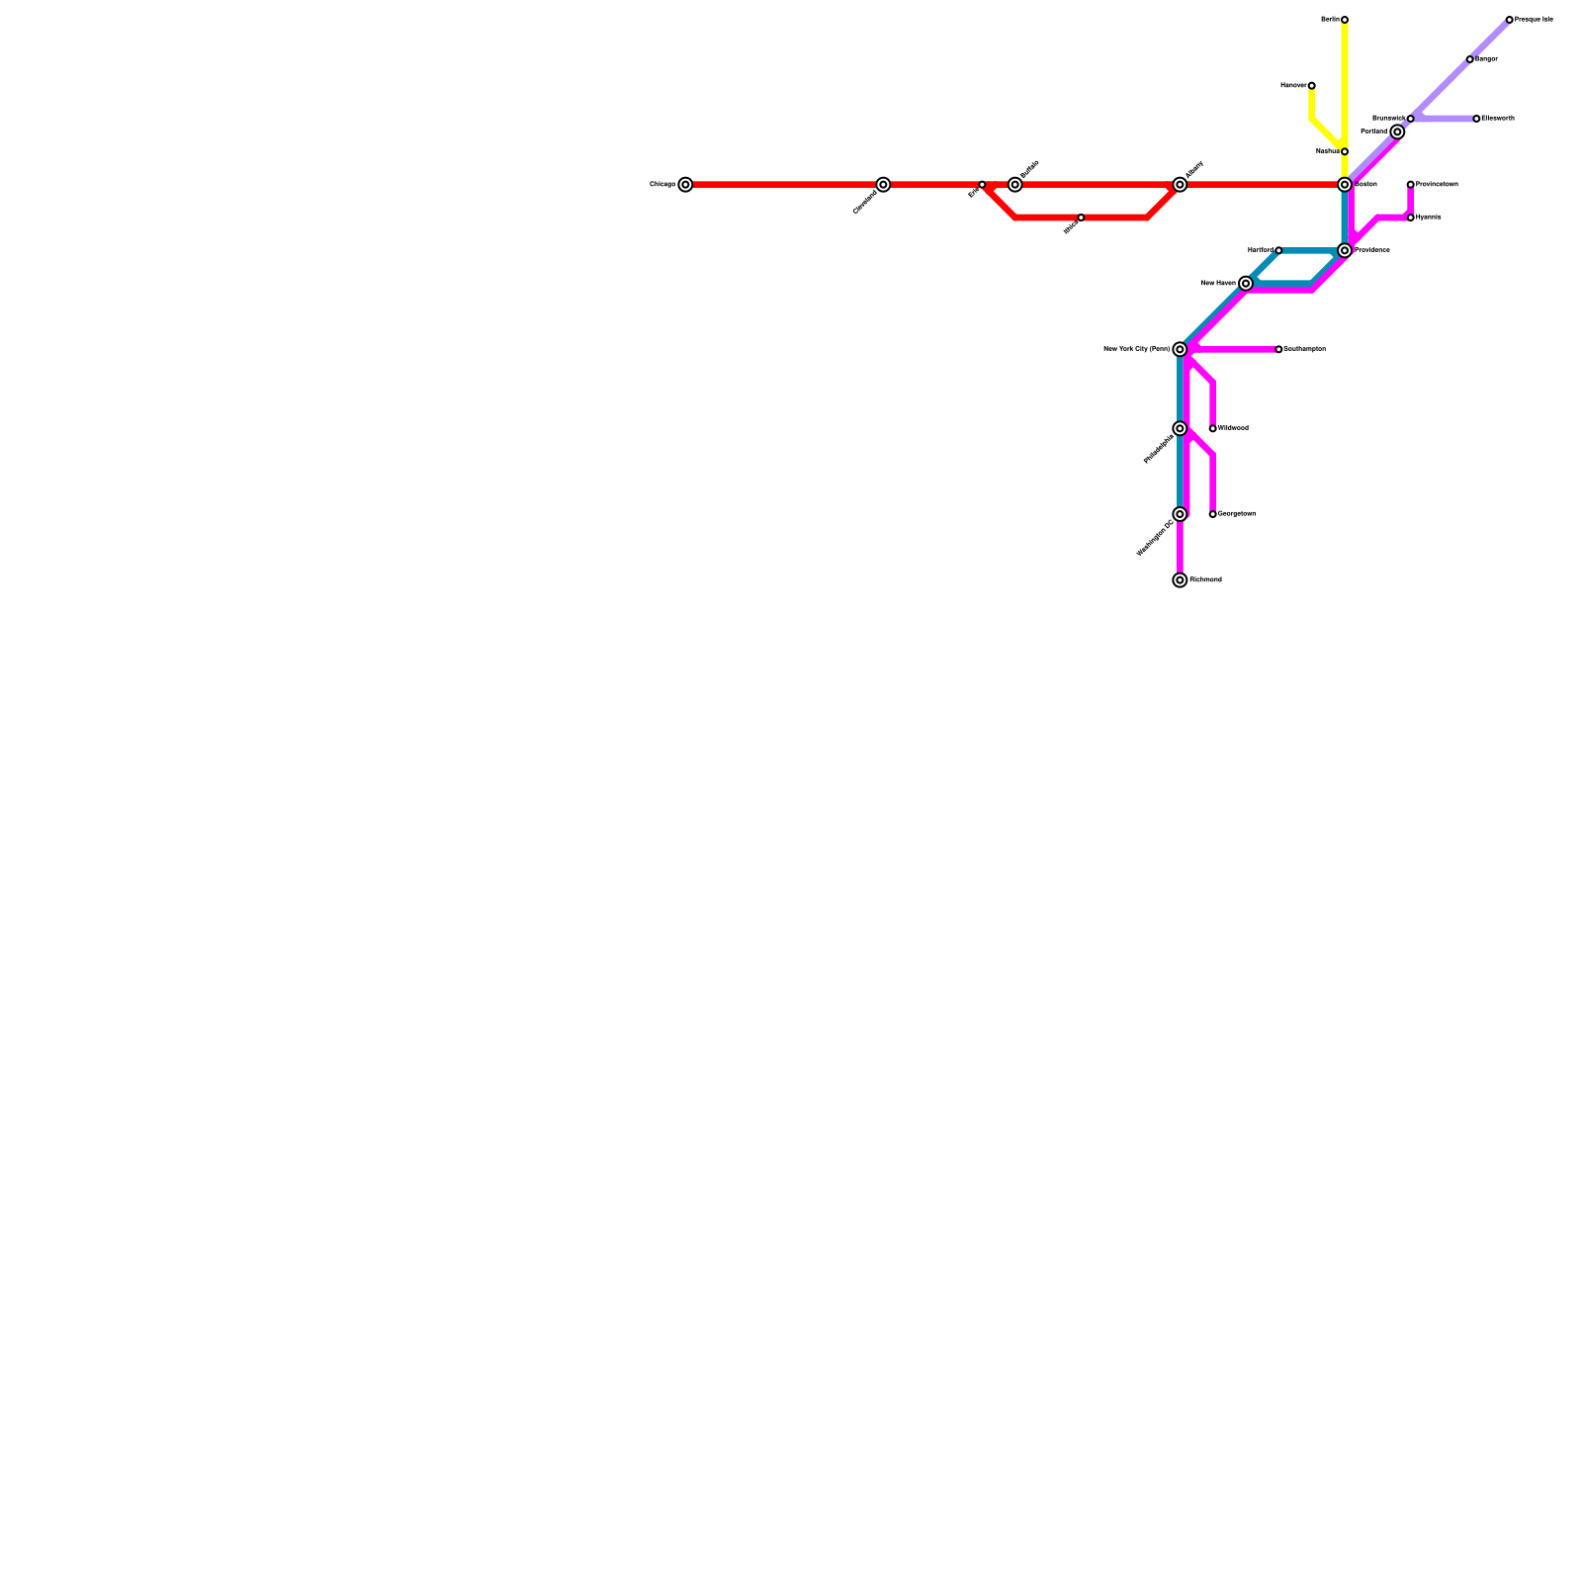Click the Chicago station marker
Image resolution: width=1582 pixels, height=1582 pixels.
coord(685,185)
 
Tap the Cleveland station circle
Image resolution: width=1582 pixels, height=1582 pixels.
coord(883,185)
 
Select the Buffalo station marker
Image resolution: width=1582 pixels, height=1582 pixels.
coord(1014,185)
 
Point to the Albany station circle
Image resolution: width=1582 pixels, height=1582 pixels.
coord(1180,185)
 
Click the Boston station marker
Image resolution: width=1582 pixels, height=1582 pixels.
coord(1345,185)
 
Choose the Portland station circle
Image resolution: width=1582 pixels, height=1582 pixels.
coord(1397,132)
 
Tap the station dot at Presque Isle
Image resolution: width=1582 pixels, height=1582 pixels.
coord(1510,20)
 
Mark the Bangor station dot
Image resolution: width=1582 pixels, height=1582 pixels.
coord(1470,59)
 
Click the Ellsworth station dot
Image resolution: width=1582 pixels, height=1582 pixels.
coord(1476,119)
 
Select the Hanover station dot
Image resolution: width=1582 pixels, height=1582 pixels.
coord(1312,86)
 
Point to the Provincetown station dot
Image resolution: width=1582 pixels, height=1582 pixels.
coord(1411,185)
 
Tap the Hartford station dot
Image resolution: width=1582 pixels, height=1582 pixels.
coord(1278,250)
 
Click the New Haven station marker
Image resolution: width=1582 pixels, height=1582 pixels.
coord(1246,284)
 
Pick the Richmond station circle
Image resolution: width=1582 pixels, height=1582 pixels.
coord(1180,580)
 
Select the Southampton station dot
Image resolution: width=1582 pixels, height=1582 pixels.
coord(1278,349)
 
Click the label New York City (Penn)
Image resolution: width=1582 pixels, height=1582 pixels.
coord(1136,349)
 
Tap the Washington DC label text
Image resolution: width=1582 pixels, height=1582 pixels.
coord(1155,538)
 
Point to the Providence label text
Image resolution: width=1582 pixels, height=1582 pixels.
coord(1372,250)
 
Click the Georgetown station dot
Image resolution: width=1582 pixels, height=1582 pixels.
coord(1213,514)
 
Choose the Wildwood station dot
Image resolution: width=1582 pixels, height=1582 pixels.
coord(1213,428)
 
